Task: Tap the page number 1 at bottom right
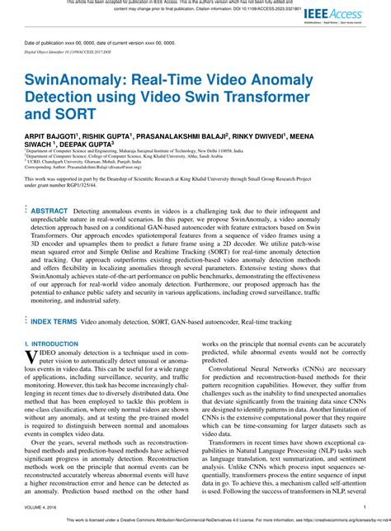(364, 506)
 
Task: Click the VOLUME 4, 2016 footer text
(44, 506)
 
